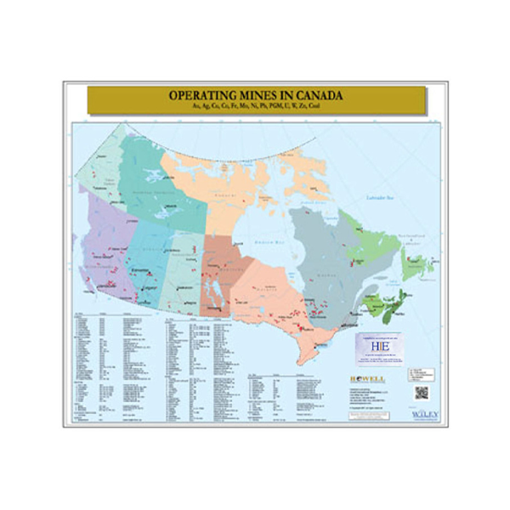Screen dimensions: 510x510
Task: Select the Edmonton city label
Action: (141, 271)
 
